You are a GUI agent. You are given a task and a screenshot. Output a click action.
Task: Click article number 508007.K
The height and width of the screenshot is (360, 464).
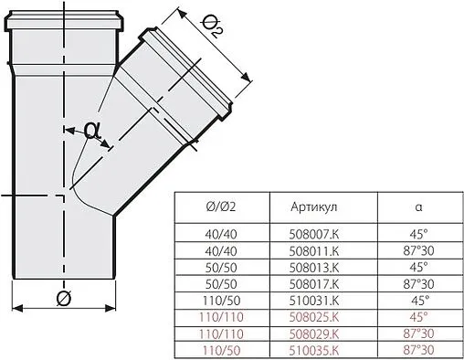coord(311,233)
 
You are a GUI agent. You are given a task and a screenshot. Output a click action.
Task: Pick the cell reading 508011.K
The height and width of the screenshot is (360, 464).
coord(311,248)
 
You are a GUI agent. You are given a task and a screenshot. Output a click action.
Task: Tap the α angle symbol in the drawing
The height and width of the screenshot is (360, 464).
coord(90,131)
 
